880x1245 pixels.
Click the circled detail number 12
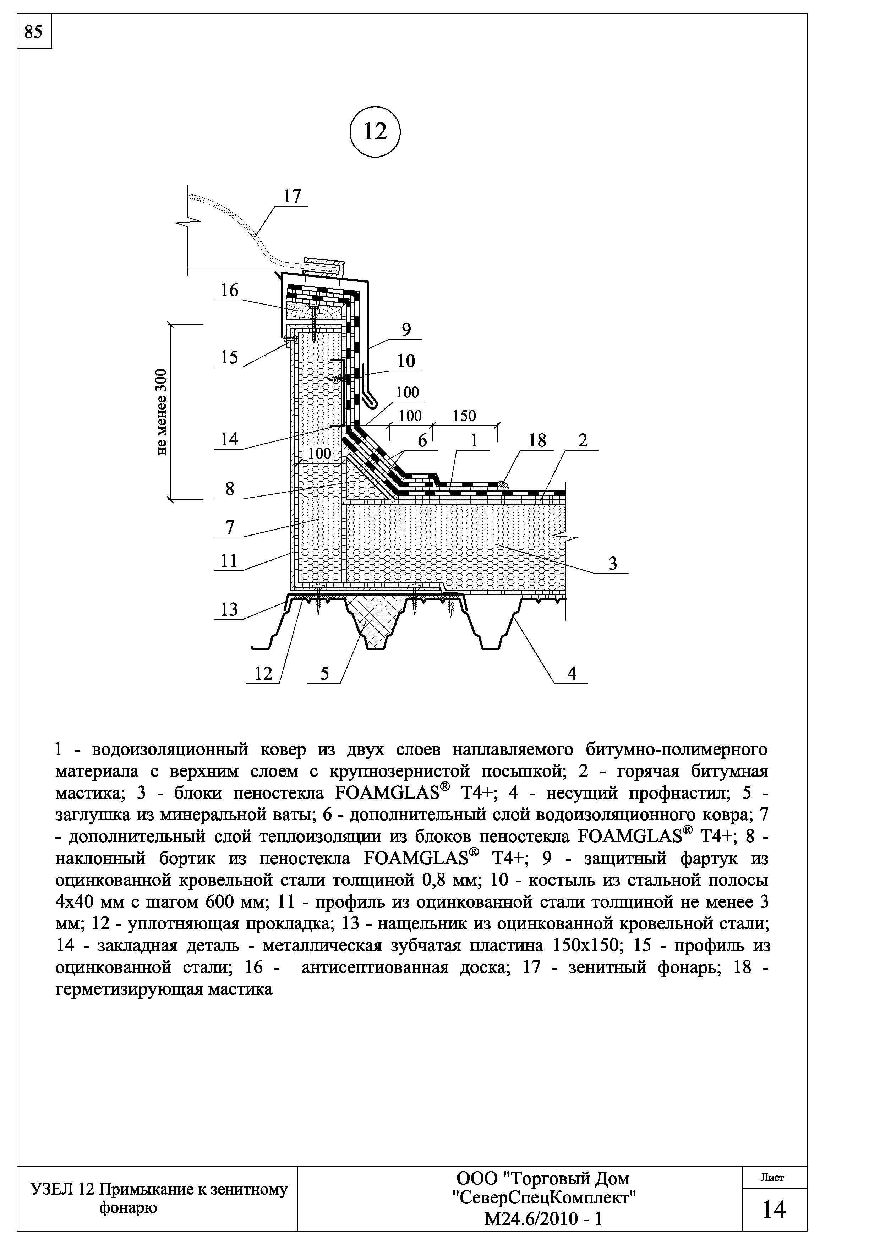375,132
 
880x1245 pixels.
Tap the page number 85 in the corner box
34,33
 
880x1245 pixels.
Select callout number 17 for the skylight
292,196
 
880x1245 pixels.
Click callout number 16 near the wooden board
229,291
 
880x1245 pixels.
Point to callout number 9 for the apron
406,330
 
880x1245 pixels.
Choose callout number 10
406,361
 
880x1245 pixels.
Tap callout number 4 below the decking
572,674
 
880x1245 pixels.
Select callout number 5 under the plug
325,674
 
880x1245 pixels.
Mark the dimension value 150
464,416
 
